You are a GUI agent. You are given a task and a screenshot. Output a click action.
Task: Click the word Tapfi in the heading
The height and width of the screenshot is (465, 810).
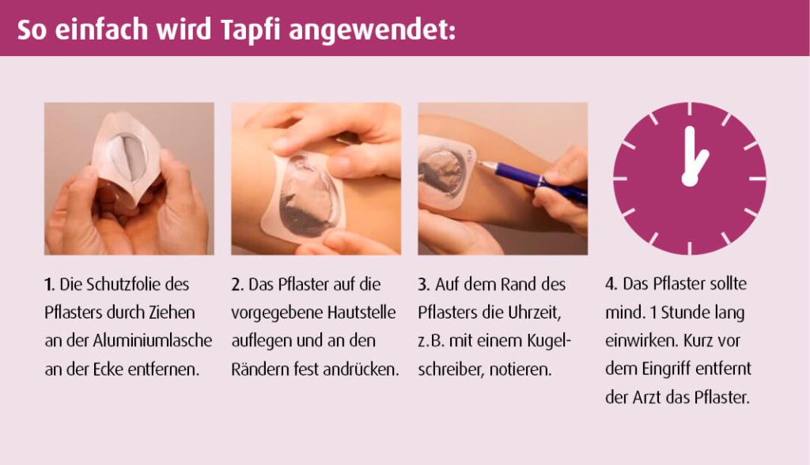coord(250,30)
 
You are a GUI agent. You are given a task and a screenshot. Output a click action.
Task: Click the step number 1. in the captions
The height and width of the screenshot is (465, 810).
coord(49,285)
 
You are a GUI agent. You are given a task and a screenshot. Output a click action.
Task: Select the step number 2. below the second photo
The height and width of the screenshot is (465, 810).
coord(237,285)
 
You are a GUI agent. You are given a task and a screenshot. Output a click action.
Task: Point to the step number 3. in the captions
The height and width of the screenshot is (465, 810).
coord(424,285)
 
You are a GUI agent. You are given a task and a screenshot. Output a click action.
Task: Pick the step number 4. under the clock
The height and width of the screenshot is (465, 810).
coord(611,284)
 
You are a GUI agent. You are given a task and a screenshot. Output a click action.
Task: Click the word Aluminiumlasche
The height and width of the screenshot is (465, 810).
coord(153,341)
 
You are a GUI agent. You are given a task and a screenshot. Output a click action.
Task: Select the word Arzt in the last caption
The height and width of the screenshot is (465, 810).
coord(649,398)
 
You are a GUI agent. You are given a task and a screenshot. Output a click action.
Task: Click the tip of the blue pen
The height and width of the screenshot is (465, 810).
coord(476,162)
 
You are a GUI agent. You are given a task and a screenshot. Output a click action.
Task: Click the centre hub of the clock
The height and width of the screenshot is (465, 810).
coord(689,179)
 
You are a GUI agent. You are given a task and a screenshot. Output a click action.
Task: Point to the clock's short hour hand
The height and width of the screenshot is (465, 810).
coord(698,164)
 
